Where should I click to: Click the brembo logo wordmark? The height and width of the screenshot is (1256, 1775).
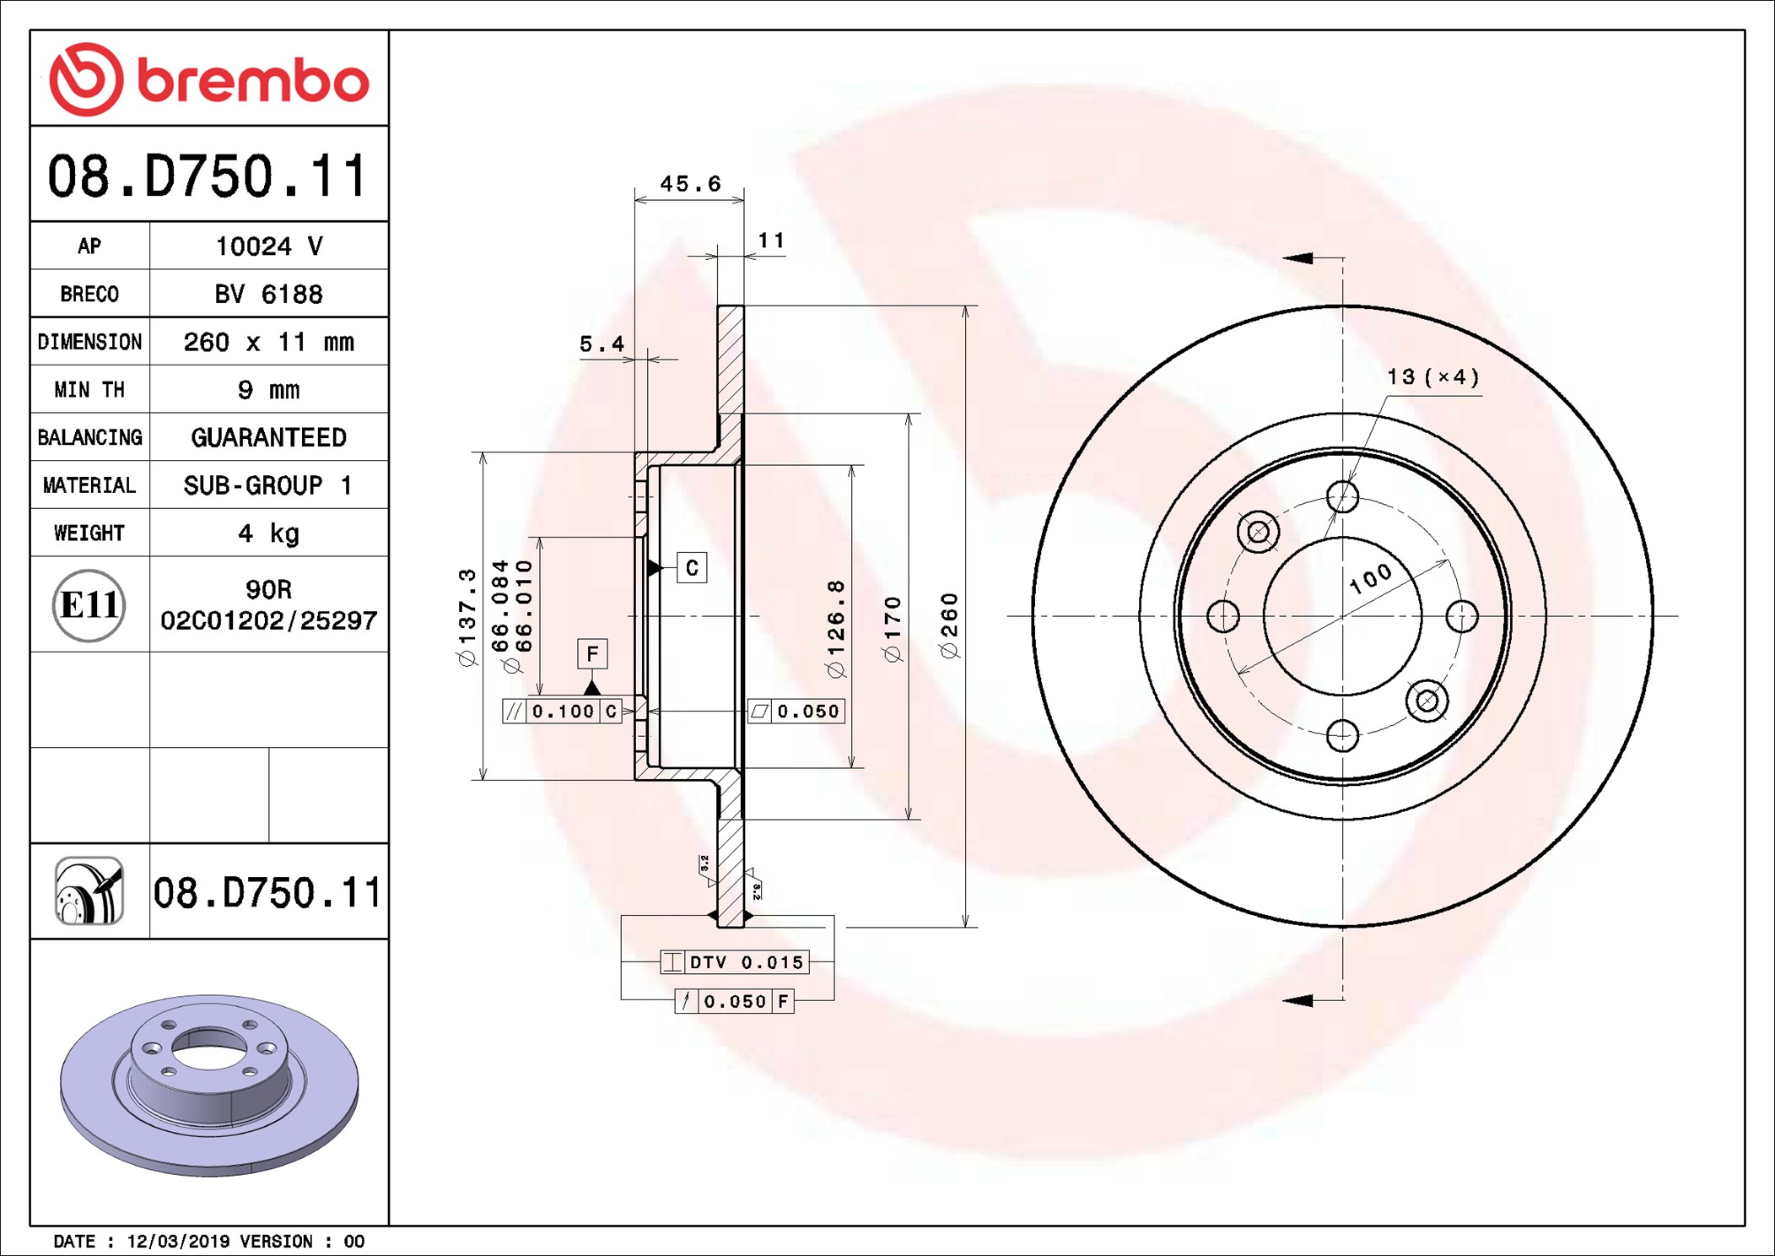pyautogui.click(x=253, y=82)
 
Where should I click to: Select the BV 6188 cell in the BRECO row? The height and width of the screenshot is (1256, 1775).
pyautogui.click(x=268, y=294)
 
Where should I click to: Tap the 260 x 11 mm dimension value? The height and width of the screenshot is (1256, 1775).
pyautogui.click(x=268, y=342)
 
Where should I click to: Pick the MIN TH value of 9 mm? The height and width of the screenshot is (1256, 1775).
pyautogui.click(x=268, y=390)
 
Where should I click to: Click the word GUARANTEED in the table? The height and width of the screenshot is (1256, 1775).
pyautogui.click(x=268, y=437)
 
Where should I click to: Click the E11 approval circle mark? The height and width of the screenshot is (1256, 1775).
pyautogui.click(x=89, y=605)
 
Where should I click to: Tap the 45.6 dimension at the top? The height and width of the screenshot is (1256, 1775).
pyautogui.click(x=690, y=183)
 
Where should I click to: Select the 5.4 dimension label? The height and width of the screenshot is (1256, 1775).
pyautogui.click(x=602, y=344)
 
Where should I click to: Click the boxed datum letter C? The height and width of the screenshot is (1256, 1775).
pyautogui.click(x=692, y=568)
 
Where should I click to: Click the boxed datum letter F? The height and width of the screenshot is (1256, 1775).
pyautogui.click(x=592, y=653)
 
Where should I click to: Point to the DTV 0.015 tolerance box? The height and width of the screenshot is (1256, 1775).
pyautogui.click(x=735, y=962)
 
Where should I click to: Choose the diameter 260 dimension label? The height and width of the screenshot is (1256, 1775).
pyautogui.click(x=949, y=625)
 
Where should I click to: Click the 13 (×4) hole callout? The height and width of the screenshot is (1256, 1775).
pyautogui.click(x=1433, y=376)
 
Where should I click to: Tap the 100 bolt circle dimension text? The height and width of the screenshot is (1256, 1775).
pyautogui.click(x=1370, y=578)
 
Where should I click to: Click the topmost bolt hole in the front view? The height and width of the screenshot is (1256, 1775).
pyautogui.click(x=1342, y=496)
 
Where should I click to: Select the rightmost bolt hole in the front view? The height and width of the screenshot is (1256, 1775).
pyautogui.click(x=1462, y=616)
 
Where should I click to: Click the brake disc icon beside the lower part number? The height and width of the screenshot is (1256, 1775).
pyautogui.click(x=89, y=891)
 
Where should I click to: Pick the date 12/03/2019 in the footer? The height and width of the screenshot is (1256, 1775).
pyautogui.click(x=178, y=1241)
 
